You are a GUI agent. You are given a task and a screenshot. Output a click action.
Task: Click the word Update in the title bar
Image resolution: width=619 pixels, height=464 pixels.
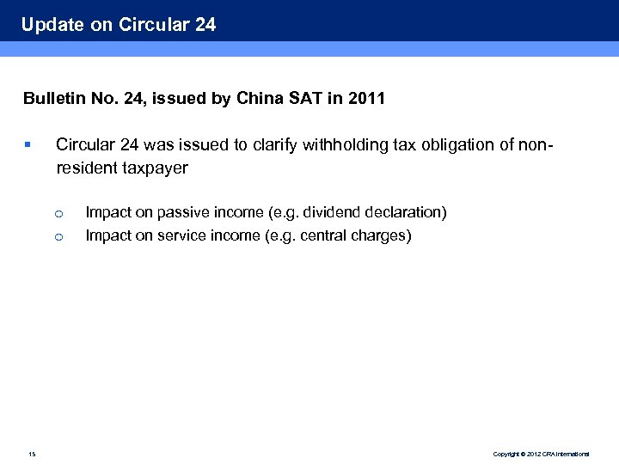click(52, 25)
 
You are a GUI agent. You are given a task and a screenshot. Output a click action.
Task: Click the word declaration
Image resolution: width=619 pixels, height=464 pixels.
click(405, 212)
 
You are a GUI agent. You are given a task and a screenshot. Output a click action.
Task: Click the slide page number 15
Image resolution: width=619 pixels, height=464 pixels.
click(32, 453)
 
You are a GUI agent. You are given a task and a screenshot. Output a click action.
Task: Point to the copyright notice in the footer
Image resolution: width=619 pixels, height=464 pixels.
click(541, 454)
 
